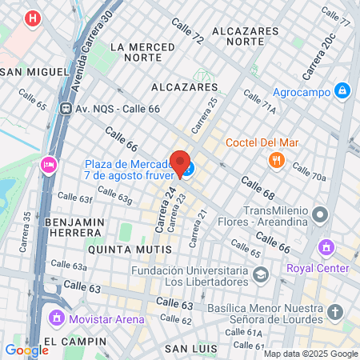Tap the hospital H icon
(32, 18)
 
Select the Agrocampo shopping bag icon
(342, 91)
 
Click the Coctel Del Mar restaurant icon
(277, 159)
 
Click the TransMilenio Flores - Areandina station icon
(321, 214)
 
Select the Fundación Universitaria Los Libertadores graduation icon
(260, 275)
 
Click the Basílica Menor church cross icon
(334, 311)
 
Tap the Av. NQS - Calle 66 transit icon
(63, 108)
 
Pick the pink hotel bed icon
(47, 166)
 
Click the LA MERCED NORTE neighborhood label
(143, 52)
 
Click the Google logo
(26, 350)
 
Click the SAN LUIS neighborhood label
(192, 349)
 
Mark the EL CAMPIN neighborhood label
(75, 342)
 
